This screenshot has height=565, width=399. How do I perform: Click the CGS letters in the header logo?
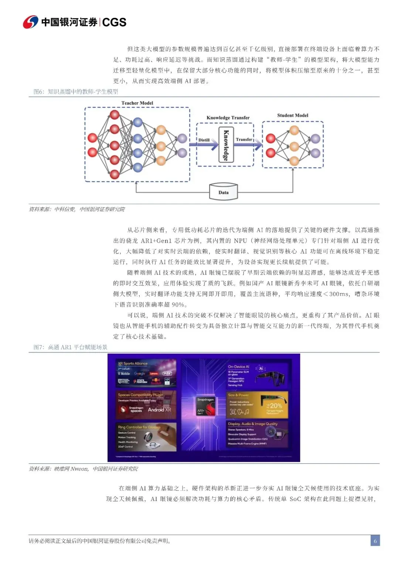114,22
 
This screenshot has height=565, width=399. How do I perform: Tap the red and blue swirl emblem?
30,22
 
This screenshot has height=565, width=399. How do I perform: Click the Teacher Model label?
137,103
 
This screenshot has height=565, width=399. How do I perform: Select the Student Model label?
293,115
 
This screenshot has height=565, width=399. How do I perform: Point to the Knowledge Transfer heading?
228,118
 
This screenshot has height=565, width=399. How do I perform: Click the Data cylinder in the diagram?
223,192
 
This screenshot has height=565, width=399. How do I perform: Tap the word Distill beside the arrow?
204,140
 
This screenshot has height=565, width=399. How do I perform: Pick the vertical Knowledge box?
226,145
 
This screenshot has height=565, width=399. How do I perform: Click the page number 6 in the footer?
375,541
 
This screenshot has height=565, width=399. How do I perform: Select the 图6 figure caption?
76,91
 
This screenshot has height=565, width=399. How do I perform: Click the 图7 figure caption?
70,347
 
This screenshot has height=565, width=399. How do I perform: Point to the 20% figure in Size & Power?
275,406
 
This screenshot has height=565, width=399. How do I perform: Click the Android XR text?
159,410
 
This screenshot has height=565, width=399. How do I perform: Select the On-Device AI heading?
238,367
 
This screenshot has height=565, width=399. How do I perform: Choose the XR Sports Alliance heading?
133,363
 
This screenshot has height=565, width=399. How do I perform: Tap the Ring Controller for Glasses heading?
139,427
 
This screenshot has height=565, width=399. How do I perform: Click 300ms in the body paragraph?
339,294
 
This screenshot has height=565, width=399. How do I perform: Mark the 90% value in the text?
177,305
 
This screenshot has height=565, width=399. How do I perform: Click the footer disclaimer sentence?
100,541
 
